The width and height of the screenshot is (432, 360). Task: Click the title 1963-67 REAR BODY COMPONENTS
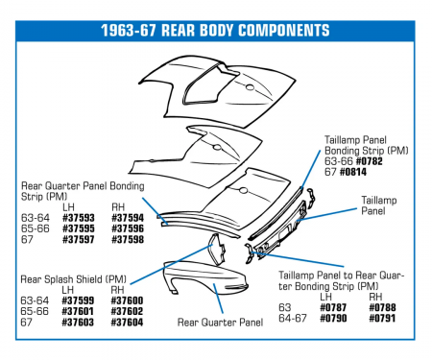point(215,31)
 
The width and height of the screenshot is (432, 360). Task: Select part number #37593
point(79,218)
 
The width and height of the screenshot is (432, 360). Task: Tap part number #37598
point(128,240)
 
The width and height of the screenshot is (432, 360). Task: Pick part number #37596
point(128,228)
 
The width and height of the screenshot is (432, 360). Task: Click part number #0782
point(369,161)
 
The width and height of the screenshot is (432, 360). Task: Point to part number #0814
point(353,172)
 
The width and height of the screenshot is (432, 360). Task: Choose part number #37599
point(78,300)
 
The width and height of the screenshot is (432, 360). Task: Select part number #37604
point(127,323)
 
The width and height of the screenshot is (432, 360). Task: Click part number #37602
point(127,311)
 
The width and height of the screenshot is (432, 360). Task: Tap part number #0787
point(333,308)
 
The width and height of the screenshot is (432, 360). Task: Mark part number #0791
point(382,319)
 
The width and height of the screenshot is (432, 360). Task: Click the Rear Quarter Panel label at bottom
point(220,323)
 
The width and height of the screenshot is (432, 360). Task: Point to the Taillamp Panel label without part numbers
point(379,205)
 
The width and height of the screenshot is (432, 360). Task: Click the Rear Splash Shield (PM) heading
point(73,279)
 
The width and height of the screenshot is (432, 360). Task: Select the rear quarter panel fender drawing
point(205,277)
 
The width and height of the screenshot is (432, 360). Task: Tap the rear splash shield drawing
point(217,250)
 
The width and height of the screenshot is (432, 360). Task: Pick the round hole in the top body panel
point(250,87)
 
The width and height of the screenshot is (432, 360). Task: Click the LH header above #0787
point(325,297)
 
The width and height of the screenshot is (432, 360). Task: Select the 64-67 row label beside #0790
point(293,319)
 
